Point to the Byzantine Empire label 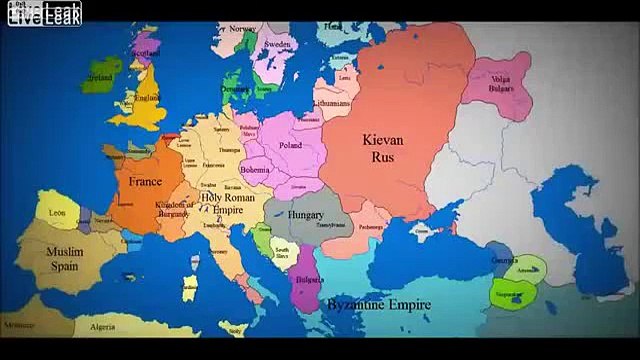[375, 305]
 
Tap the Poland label [289, 145]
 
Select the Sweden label [277, 46]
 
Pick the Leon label [57, 211]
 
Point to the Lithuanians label [329, 103]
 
